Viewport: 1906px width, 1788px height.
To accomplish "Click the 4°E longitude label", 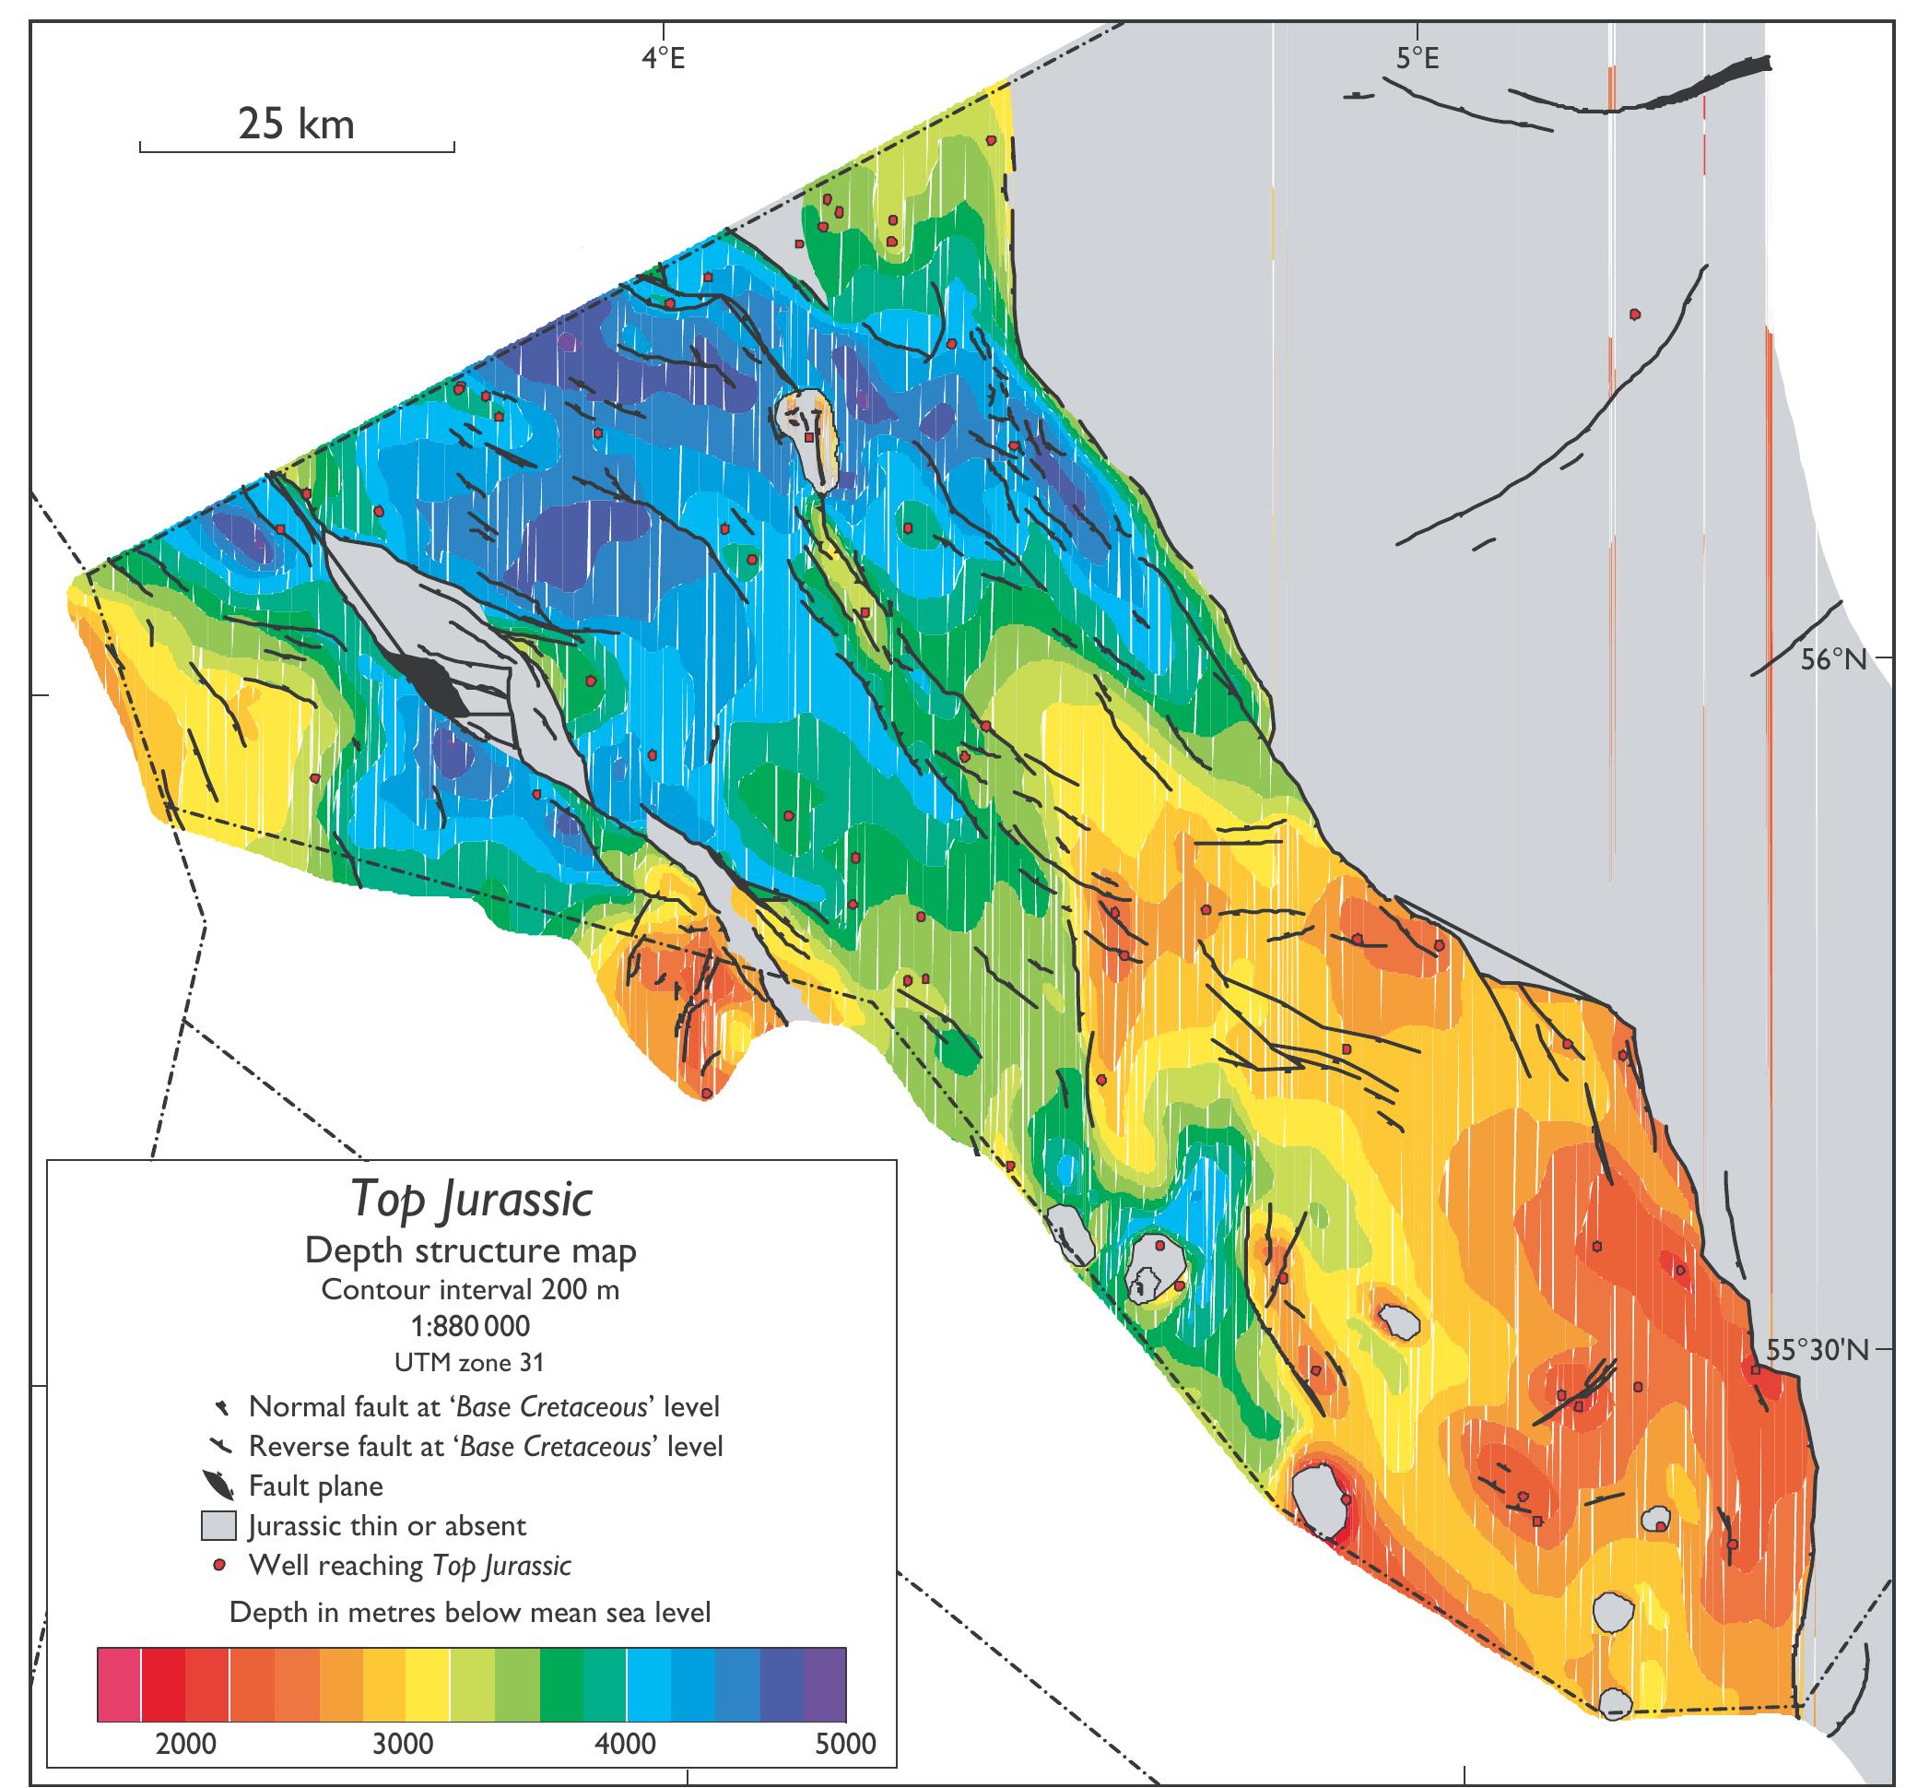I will [664, 59].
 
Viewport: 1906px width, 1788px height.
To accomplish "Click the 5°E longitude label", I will [1416, 59].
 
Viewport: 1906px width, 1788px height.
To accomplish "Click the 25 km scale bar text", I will [296, 124].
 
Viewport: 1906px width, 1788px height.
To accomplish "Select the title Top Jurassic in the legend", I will [471, 1199].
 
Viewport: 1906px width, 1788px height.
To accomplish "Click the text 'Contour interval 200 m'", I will [470, 1289].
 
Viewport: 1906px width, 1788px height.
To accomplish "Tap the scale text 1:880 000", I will [470, 1327].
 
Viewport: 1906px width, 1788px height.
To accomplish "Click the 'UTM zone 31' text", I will [470, 1362].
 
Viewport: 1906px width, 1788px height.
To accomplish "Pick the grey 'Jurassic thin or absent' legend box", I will [218, 1525].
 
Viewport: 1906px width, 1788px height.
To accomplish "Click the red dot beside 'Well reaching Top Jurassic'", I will [219, 1566].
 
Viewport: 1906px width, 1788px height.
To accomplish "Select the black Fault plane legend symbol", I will [218, 1485].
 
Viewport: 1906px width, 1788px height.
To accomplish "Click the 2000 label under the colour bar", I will [186, 1743].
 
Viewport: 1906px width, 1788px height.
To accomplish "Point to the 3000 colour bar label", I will [404, 1743].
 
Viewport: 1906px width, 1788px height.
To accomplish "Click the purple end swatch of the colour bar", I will [825, 1685].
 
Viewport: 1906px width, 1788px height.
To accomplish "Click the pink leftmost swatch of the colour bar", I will [119, 1685].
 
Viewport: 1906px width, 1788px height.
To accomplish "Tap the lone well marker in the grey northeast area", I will [1635, 314].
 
